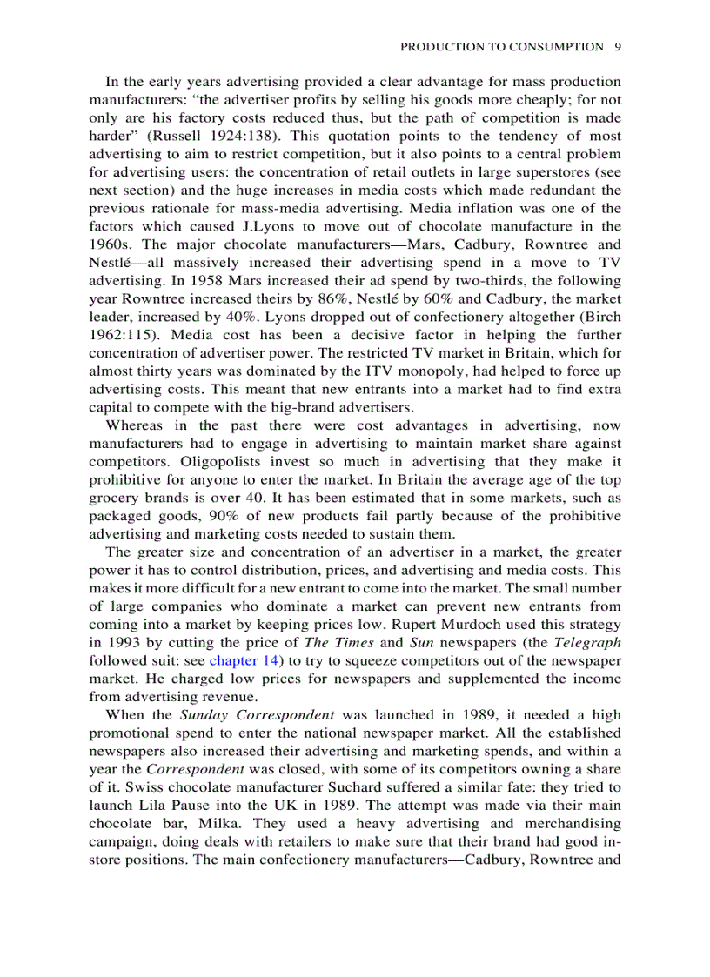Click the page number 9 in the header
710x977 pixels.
click(617, 47)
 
